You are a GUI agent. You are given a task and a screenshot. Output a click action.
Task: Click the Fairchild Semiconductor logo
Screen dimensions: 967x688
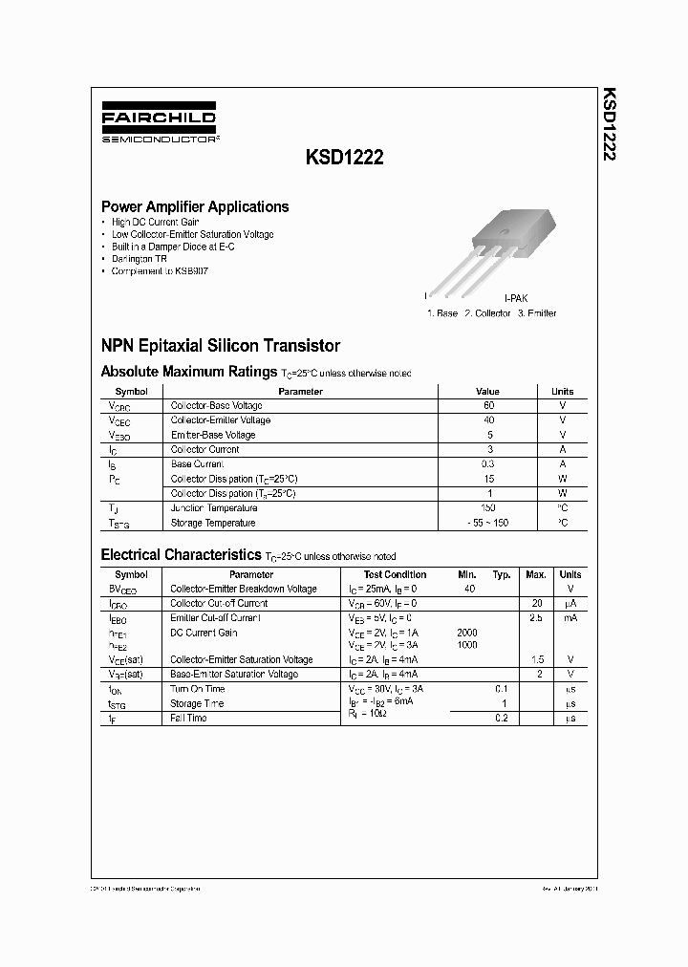coord(158,126)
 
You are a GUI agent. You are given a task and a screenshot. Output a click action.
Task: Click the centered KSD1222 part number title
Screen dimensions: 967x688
coord(346,160)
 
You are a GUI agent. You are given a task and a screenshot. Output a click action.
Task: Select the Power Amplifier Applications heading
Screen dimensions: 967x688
coord(195,206)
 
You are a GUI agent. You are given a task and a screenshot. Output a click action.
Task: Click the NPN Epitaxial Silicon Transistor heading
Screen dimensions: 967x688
coord(221,346)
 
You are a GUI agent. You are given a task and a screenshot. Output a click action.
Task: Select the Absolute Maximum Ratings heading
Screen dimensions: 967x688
coord(189,371)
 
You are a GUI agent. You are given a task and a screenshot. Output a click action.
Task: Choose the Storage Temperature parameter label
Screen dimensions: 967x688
coord(212,523)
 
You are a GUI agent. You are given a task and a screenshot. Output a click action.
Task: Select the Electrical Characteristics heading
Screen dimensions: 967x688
coord(181,554)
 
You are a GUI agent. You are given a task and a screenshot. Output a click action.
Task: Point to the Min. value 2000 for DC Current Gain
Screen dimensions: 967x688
coord(467,633)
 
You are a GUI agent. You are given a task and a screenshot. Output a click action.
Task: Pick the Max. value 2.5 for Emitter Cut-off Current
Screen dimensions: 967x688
coord(536,618)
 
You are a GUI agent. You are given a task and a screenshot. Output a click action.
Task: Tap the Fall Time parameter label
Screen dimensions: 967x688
coord(188,718)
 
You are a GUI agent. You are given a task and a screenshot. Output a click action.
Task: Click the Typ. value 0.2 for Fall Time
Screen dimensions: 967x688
coord(502,718)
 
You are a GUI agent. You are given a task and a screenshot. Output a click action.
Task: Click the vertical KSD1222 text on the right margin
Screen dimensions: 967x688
coord(609,123)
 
